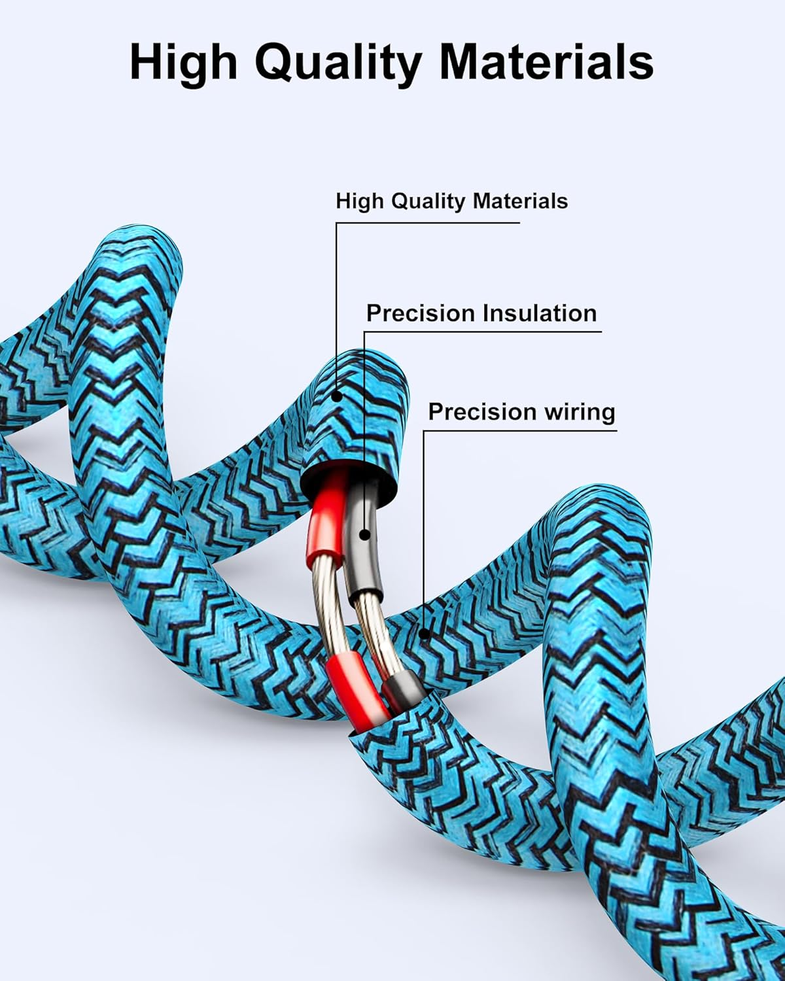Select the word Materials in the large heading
coord(546,62)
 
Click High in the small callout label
coord(360,201)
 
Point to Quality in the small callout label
coord(427,201)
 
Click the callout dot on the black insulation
coord(364,535)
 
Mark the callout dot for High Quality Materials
coord(336,395)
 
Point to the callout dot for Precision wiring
coord(424,632)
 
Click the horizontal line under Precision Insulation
coord(484,332)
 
